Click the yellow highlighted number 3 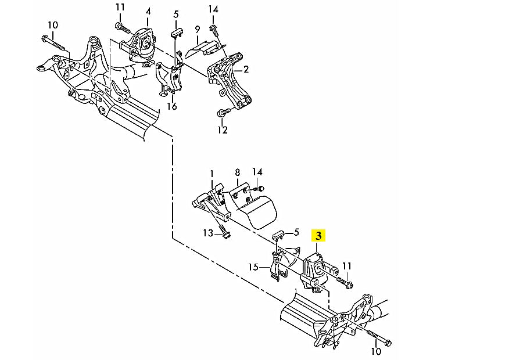319,236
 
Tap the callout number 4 148,11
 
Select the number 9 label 198,29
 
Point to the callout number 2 246,70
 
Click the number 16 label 171,106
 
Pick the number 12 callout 223,130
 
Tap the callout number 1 212,174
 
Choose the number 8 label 237,172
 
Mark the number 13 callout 208,233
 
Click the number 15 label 253,267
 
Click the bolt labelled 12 221,112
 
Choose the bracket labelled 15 275,267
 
